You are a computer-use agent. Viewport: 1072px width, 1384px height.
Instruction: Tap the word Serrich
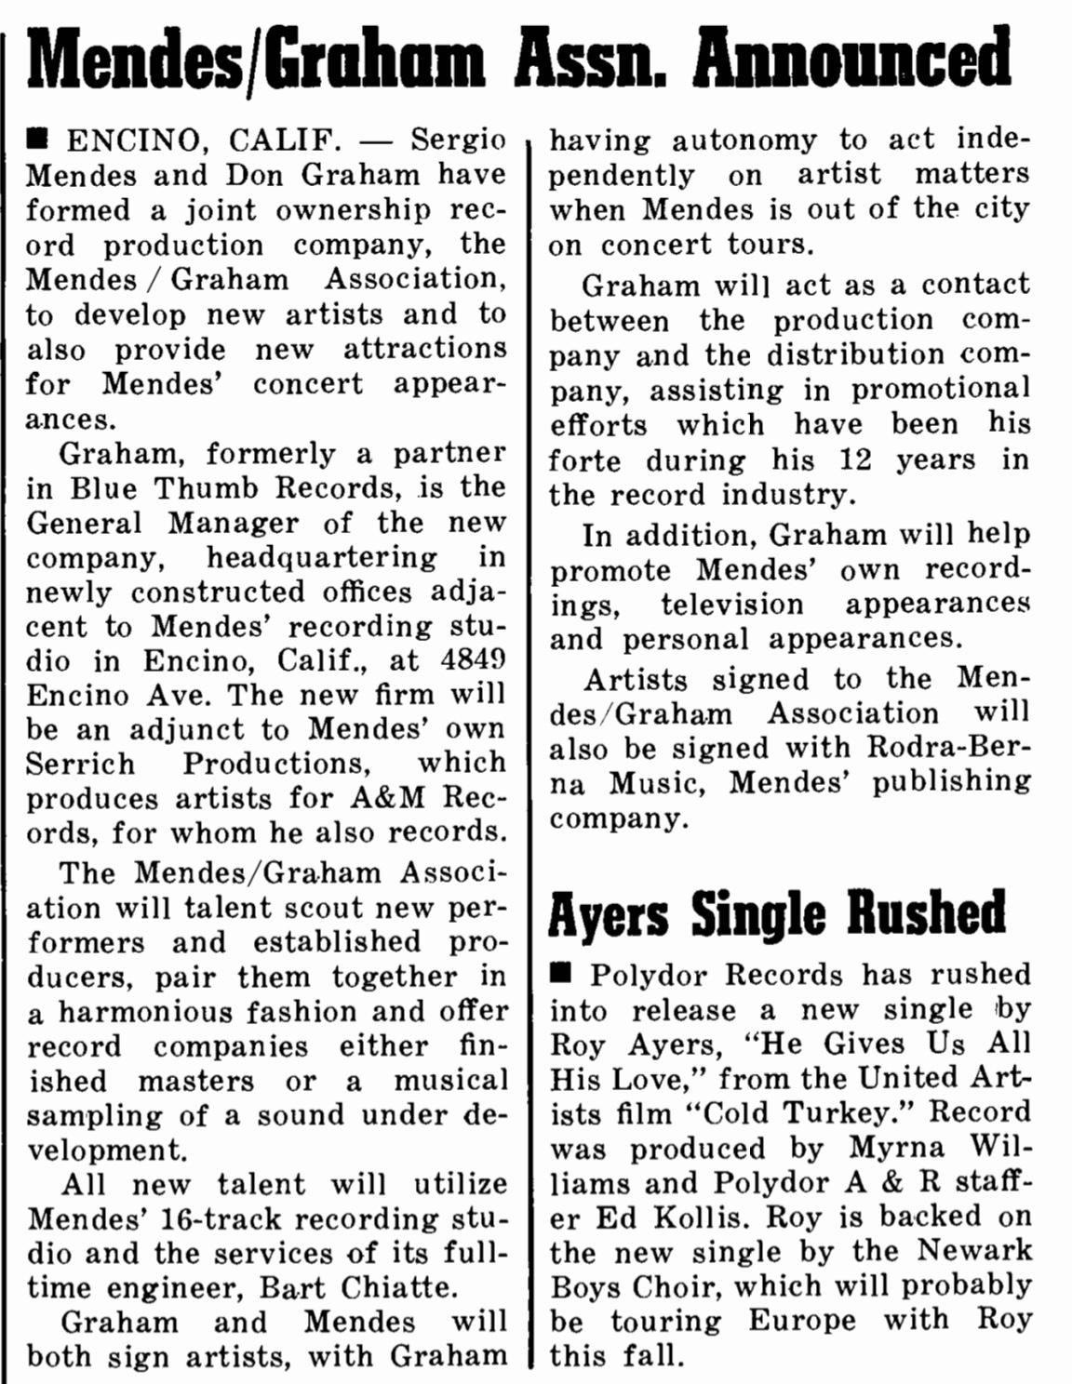click(x=80, y=764)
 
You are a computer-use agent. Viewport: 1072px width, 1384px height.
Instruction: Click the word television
click(x=731, y=605)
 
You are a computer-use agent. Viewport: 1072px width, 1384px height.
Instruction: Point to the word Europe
click(x=805, y=1322)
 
